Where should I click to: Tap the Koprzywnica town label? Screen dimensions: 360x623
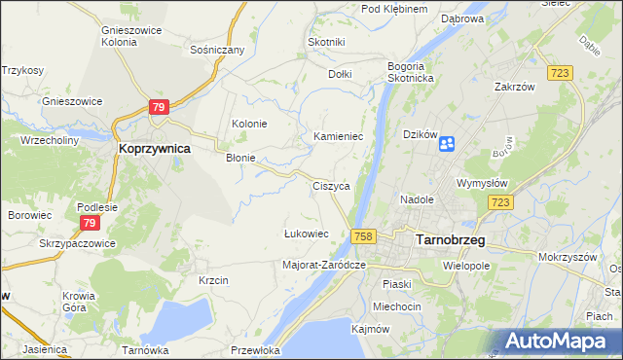154,149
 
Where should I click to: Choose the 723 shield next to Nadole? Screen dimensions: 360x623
500,201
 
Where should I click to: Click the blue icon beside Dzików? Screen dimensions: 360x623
447,144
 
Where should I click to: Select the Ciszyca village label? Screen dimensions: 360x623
331,185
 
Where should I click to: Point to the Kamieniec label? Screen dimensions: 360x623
338,137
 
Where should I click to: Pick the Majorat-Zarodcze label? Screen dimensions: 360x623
323,264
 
